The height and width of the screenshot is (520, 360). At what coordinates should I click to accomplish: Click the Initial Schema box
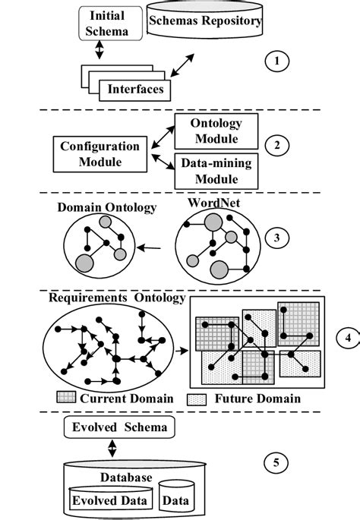point(107,24)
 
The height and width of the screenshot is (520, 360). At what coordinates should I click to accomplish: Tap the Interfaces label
point(134,89)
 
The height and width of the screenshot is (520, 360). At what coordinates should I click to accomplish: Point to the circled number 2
point(279,144)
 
